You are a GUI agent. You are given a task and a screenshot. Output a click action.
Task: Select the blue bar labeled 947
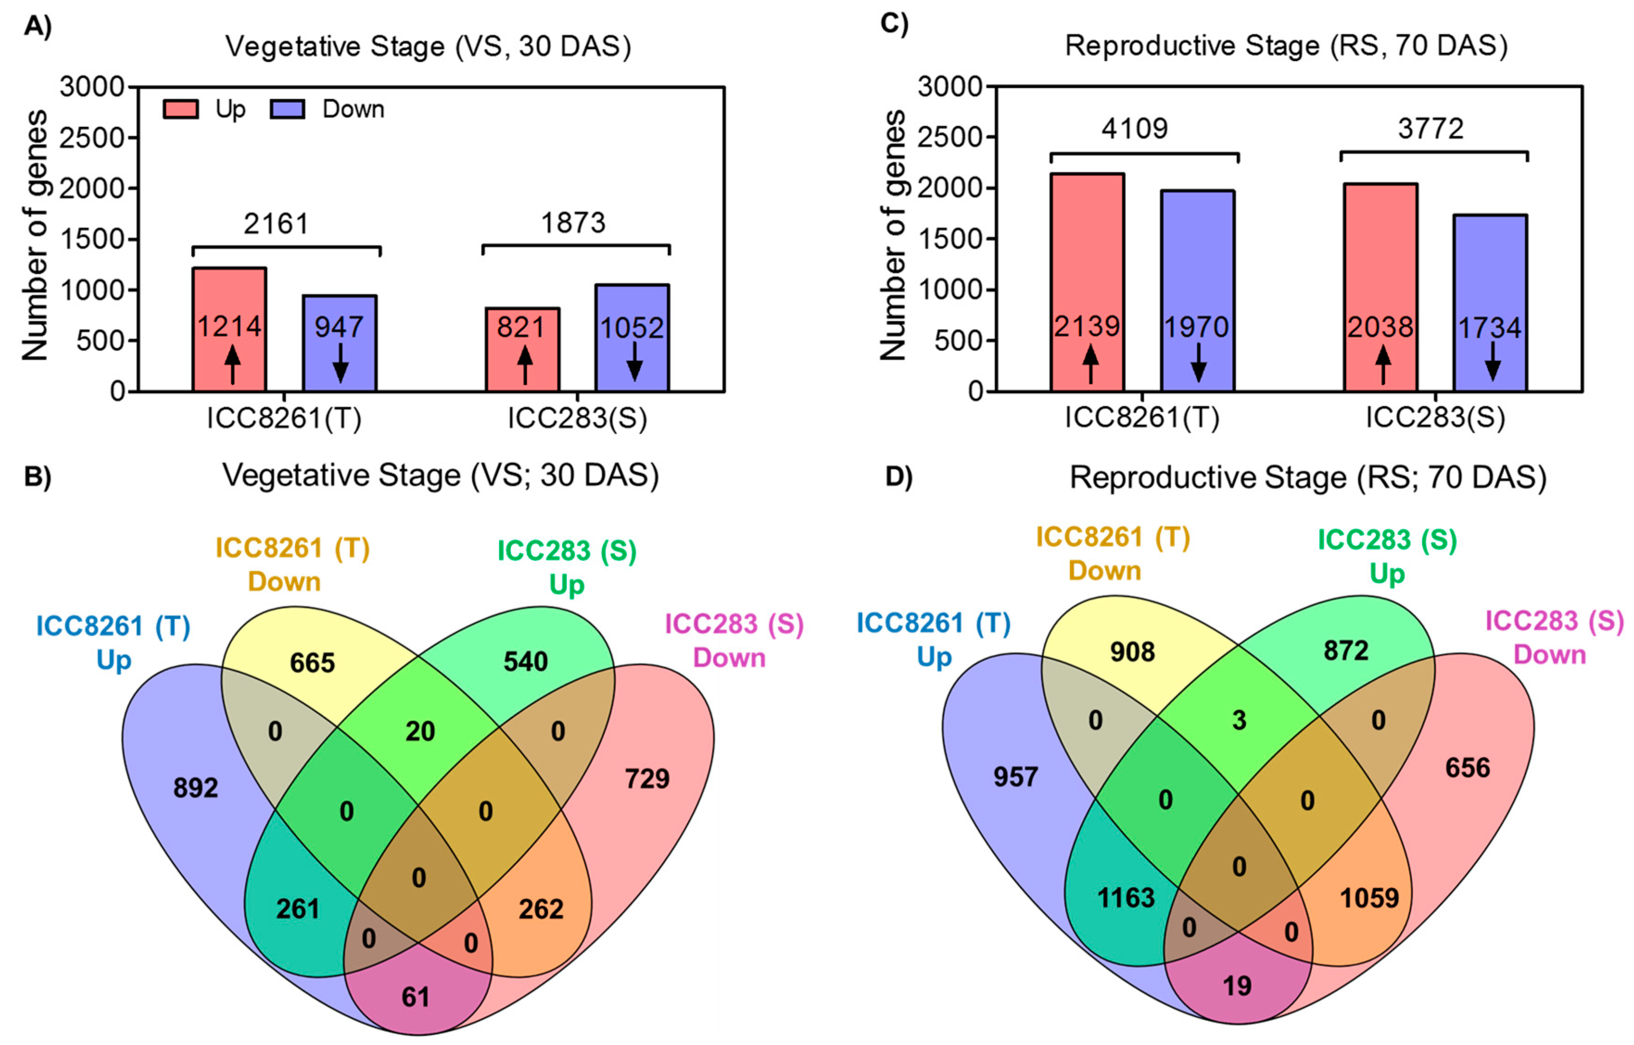(x=339, y=343)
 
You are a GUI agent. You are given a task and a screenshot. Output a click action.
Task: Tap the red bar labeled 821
(x=522, y=349)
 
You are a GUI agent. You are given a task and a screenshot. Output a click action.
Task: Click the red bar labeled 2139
(x=1088, y=282)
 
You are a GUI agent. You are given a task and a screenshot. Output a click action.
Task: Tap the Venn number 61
(x=416, y=997)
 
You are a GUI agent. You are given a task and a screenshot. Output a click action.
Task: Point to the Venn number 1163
(x=1126, y=898)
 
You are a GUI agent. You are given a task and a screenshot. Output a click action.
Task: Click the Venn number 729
(x=647, y=778)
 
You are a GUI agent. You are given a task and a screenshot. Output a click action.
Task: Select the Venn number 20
(x=420, y=731)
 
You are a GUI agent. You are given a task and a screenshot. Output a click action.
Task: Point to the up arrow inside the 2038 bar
(x=1383, y=365)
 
